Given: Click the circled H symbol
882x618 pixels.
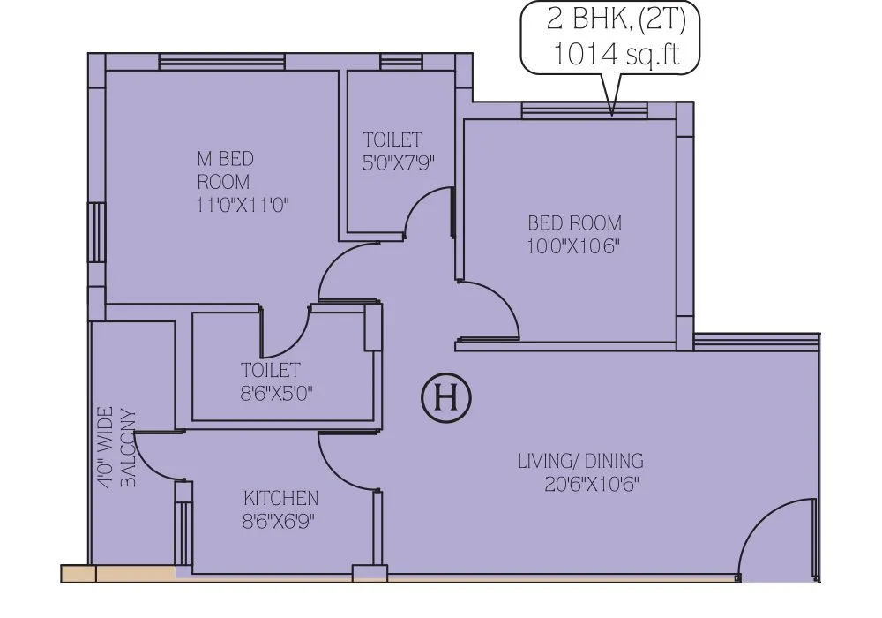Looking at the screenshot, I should click(x=445, y=398).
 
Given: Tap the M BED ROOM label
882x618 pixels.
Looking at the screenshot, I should click(x=224, y=170).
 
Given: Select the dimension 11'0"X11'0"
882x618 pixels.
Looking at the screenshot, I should click(x=243, y=205).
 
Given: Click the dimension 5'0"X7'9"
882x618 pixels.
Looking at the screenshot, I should click(x=399, y=163).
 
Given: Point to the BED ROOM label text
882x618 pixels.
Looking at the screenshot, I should click(x=574, y=222).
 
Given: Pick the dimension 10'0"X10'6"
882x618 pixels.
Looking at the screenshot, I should click(x=573, y=245).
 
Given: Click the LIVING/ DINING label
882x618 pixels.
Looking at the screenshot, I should click(x=580, y=461).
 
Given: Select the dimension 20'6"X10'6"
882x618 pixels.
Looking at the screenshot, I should click(x=592, y=484).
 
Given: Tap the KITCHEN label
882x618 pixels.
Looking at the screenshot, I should click(x=281, y=498).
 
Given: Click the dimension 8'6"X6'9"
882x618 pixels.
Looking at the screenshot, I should click(x=279, y=521).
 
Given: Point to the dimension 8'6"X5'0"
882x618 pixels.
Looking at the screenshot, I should click(x=276, y=393).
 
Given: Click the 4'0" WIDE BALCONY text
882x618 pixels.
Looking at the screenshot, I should click(x=116, y=448).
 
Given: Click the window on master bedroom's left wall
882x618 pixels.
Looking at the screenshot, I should click(x=94, y=231).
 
